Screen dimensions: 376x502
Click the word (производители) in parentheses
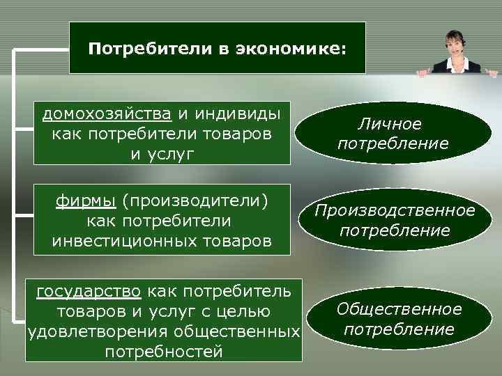(195, 202)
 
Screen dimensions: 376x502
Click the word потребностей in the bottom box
(164, 352)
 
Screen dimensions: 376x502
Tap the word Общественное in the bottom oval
(399, 308)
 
